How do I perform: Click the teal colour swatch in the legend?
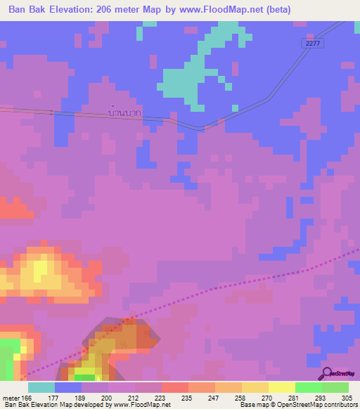(41, 387)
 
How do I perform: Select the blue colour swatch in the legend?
(68, 387)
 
